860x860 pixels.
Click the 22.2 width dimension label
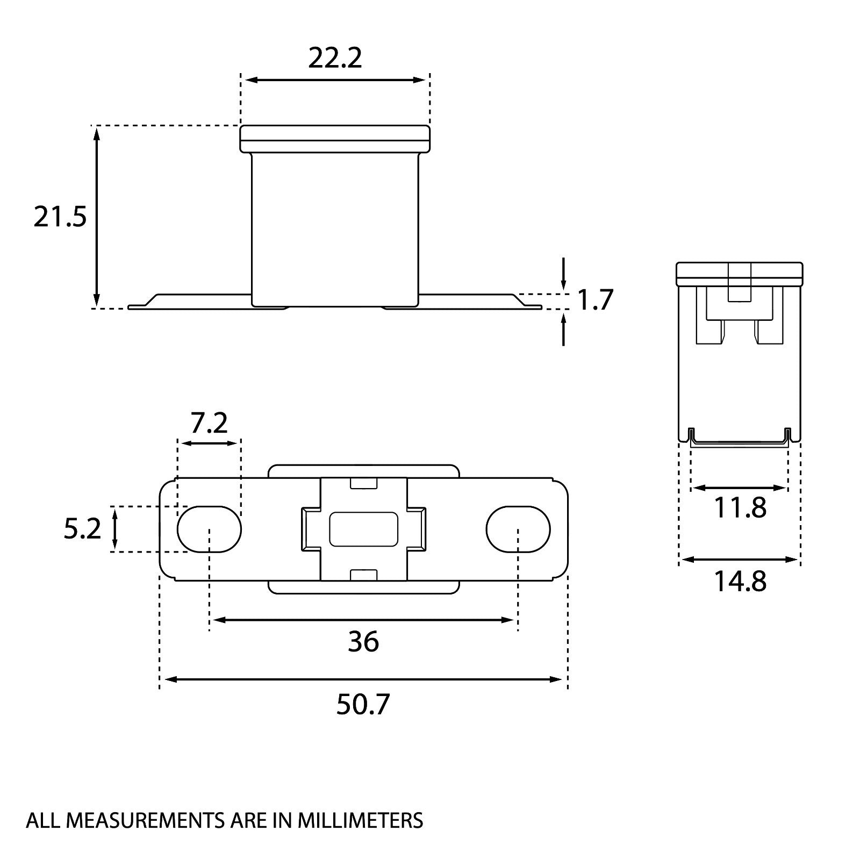pyautogui.click(x=335, y=58)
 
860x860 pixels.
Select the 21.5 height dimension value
pyautogui.click(x=60, y=217)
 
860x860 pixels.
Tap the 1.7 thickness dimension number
pyautogui.click(x=595, y=300)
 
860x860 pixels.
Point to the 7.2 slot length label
pyautogui.click(x=209, y=423)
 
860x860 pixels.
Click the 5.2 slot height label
pyautogui.click(x=82, y=529)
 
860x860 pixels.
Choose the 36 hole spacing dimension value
pyautogui.click(x=363, y=641)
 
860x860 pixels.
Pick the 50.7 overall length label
pyautogui.click(x=363, y=705)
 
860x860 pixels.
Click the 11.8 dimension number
pyautogui.click(x=740, y=507)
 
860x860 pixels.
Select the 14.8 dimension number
pyautogui.click(x=740, y=581)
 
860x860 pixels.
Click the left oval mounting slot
pyautogui.click(x=209, y=529)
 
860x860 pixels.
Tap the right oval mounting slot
pyautogui.click(x=518, y=529)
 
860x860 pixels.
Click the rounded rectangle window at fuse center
pyautogui.click(x=363, y=529)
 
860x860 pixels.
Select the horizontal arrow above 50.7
pyautogui.click(x=363, y=679)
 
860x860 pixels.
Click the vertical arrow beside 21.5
pyautogui.click(x=97, y=217)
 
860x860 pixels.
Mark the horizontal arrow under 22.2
pyautogui.click(x=335, y=80)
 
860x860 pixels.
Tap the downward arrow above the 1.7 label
pyautogui.click(x=563, y=273)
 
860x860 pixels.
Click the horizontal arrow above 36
pyautogui.click(x=363, y=620)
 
